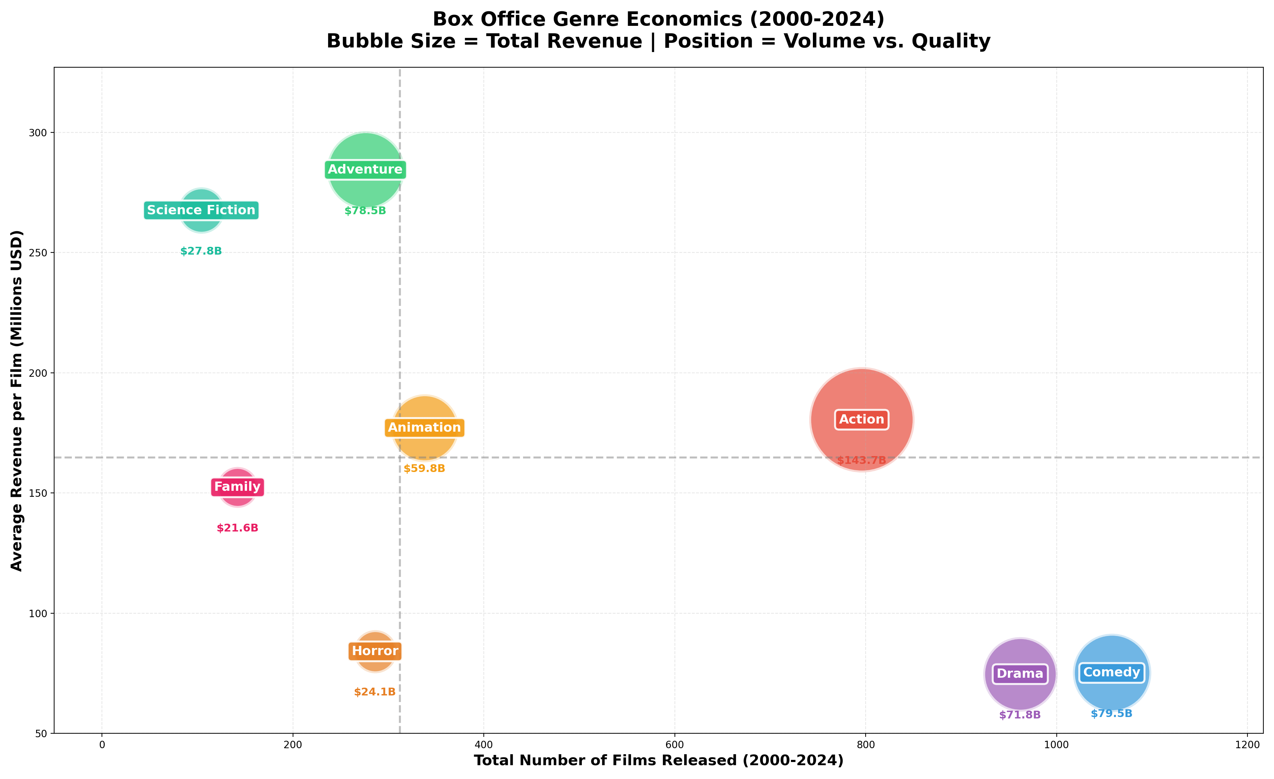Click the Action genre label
point(861,420)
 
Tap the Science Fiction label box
point(201,210)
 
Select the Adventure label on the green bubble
point(365,170)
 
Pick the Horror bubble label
point(375,651)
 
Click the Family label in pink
point(237,487)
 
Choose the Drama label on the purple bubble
point(1020,673)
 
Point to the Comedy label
point(1112,672)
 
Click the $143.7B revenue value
point(861,460)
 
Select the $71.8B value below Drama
point(1020,715)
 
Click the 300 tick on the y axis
point(37,133)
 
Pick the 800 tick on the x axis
point(866,745)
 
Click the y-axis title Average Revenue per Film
point(17,401)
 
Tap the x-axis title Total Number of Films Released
point(658,760)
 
